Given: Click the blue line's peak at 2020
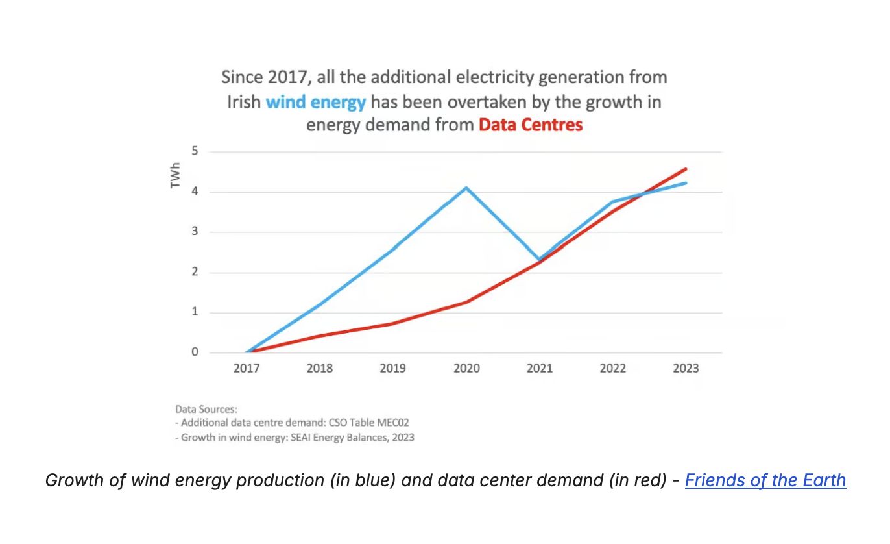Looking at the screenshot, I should point(466,188).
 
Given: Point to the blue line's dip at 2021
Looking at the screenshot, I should point(539,260).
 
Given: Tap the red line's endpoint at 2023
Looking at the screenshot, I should point(686,169).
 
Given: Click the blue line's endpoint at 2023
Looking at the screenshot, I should point(686,183).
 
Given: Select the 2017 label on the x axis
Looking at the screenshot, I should point(247,368).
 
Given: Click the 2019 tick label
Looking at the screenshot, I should point(392,368).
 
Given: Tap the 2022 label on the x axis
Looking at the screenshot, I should point(612,368).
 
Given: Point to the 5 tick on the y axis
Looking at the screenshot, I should point(194,152).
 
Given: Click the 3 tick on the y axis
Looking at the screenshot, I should point(194,232).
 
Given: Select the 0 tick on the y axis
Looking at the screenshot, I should point(194,352).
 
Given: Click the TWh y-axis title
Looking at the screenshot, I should point(175,175).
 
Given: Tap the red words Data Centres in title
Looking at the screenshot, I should point(531,125).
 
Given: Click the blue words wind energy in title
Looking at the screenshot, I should point(316,103).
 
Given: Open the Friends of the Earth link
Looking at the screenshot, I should point(765,480).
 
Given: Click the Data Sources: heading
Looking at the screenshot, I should point(206,410).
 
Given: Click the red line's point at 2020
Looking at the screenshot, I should point(466,302).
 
